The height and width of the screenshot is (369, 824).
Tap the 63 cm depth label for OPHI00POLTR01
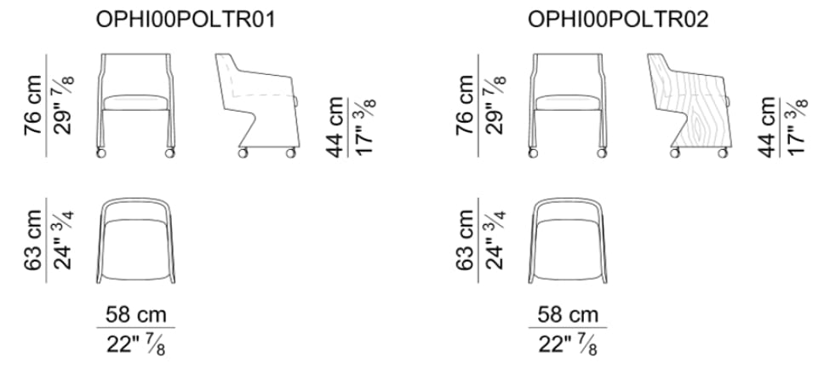tap(33, 240)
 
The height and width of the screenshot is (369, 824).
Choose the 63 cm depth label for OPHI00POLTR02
tap(465, 240)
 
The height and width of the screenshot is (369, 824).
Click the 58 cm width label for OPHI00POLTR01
tap(136, 314)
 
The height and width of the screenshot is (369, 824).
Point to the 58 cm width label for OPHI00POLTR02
tap(568, 314)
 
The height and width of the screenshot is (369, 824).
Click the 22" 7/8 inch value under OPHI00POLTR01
tap(136, 345)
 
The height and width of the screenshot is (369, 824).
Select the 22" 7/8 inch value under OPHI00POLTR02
tap(568, 345)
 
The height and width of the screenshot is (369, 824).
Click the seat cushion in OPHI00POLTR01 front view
tap(136, 102)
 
